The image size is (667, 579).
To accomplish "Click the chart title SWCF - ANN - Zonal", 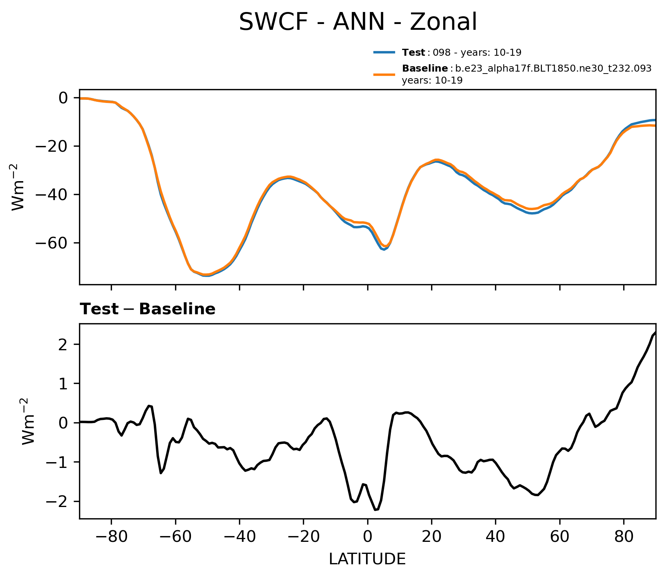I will click(x=358, y=22).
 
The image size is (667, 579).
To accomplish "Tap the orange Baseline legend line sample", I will click(x=384, y=74).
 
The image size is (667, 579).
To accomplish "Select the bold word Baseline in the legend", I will click(x=425, y=69).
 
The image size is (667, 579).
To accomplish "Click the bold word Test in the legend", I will click(x=413, y=52).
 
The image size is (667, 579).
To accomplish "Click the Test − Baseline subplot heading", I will click(x=148, y=309).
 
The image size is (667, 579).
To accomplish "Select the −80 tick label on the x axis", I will click(x=111, y=536).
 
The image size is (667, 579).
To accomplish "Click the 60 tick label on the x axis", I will click(x=559, y=536).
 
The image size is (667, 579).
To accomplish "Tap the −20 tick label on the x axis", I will click(x=303, y=536).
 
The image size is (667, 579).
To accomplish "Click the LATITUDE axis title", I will click(x=367, y=559).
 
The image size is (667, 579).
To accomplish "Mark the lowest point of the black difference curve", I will click(x=375, y=510).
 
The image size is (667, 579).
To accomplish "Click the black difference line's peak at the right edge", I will click(x=655, y=332).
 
